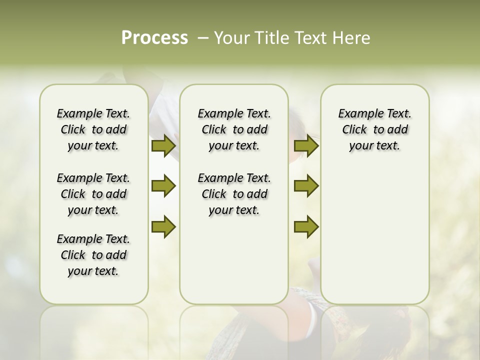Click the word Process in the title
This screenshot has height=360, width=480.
(x=154, y=37)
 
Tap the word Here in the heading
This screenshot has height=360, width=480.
(x=351, y=38)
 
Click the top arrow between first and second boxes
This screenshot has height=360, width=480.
(x=163, y=145)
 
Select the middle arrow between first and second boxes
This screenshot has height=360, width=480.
(x=163, y=186)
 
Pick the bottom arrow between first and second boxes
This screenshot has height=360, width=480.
(x=163, y=226)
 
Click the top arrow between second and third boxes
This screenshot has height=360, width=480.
(x=306, y=145)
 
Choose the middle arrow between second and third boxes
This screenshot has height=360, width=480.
(x=306, y=186)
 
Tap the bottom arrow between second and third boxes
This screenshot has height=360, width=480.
(x=306, y=226)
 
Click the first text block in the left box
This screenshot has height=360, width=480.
(x=93, y=129)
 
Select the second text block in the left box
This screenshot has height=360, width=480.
(x=93, y=194)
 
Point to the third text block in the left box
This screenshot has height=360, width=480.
(x=93, y=255)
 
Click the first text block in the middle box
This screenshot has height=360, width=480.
(x=234, y=129)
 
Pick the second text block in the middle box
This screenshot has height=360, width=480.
(x=234, y=194)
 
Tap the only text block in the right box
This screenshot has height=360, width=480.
(x=374, y=129)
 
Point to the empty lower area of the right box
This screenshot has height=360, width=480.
(x=374, y=235)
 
